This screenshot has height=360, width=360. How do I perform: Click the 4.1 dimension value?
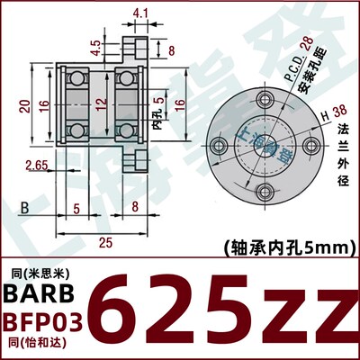pyautogui.click(x=139, y=13)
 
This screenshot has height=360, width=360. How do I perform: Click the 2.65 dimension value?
pyautogui.click(x=35, y=165)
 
